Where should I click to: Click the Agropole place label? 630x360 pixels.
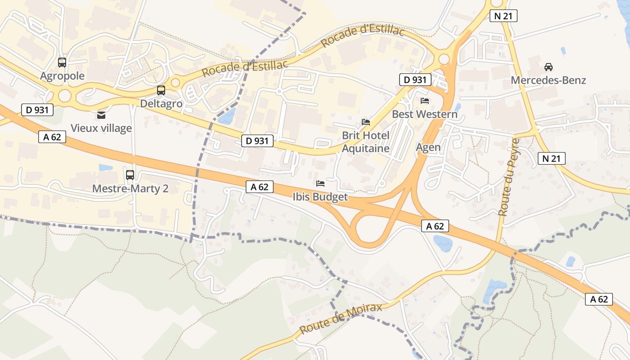pyautogui.click(x=62, y=76)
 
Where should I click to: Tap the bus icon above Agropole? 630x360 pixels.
pyautogui.click(x=62, y=63)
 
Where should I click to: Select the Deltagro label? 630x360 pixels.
pyautogui.click(x=161, y=104)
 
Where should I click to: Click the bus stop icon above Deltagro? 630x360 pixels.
pyautogui.click(x=161, y=90)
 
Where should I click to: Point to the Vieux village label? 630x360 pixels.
pyautogui.click(x=101, y=128)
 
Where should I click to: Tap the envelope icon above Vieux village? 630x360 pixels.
pyautogui.click(x=101, y=115)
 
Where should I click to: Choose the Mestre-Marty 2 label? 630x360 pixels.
pyautogui.click(x=130, y=188)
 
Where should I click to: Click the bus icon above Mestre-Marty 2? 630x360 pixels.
pyautogui.click(x=130, y=175)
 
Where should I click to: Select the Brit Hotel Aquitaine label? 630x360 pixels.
pyautogui.click(x=366, y=142)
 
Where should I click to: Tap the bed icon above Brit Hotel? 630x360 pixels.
pyautogui.click(x=366, y=122)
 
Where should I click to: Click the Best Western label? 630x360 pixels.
pyautogui.click(x=425, y=114)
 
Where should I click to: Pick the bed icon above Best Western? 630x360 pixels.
pyautogui.click(x=425, y=100)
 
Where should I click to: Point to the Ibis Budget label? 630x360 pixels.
pyautogui.click(x=320, y=197)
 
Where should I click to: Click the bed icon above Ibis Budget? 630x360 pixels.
pyautogui.click(x=320, y=183)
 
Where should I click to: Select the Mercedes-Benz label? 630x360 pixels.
pyautogui.click(x=549, y=81)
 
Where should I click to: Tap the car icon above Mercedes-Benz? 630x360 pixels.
pyautogui.click(x=549, y=67)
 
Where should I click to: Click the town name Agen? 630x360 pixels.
pyautogui.click(x=428, y=147)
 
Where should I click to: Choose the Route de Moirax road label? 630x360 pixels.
pyautogui.click(x=341, y=319)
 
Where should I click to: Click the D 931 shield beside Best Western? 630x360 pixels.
pyautogui.click(x=415, y=80)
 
